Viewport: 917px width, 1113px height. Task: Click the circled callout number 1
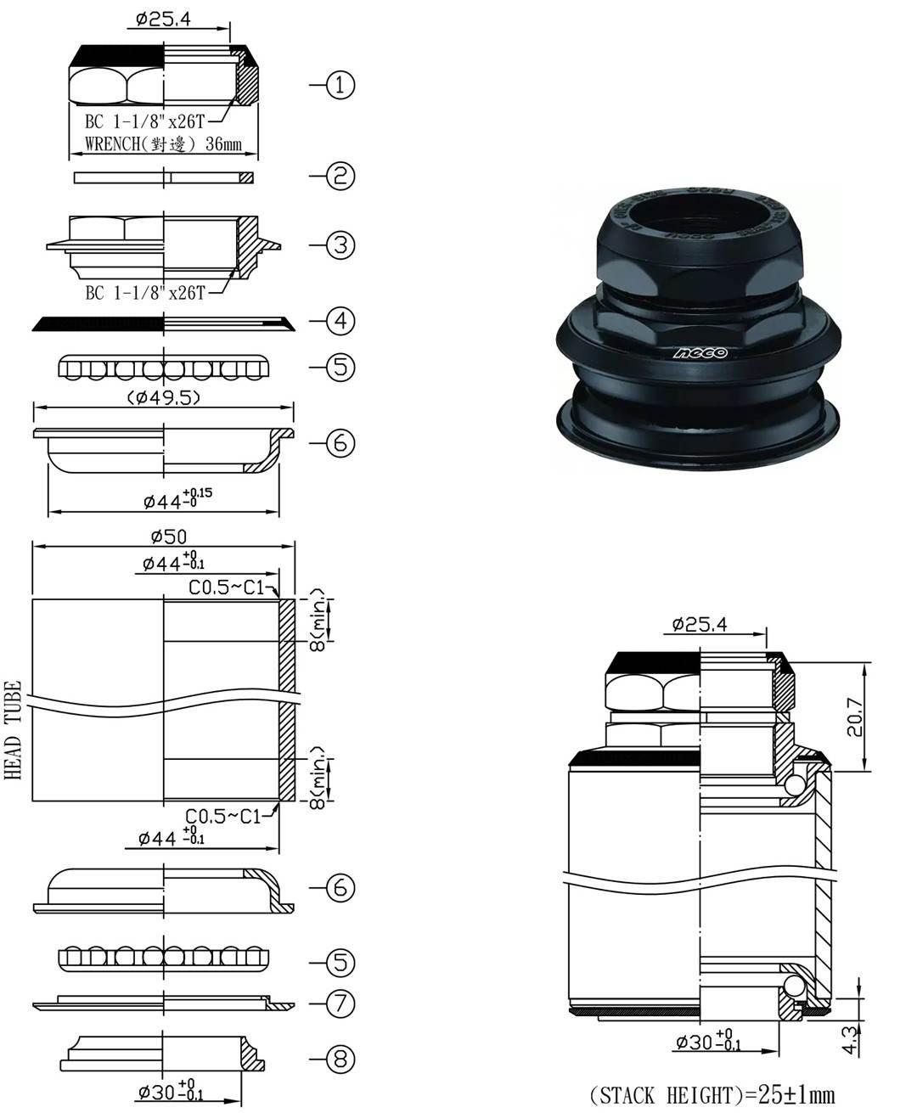[x=340, y=85]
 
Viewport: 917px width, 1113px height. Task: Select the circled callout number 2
[x=340, y=177]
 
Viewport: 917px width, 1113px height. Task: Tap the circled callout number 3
[x=340, y=245]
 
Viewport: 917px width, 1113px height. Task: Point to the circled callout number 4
[x=340, y=321]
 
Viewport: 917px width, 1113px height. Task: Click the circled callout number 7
[x=340, y=1003]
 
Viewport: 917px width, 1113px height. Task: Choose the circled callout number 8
[x=340, y=1059]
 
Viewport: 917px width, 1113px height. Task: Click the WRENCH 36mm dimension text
[x=163, y=144]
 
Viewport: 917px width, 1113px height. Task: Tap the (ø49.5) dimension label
[x=163, y=397]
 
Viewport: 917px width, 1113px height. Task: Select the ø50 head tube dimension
[x=167, y=536]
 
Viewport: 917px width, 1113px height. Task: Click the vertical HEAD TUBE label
[x=13, y=730]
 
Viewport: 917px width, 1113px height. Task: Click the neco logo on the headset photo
[x=700, y=351]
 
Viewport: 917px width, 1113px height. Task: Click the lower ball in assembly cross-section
[x=795, y=987]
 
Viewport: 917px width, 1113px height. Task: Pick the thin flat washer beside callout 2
[x=163, y=177]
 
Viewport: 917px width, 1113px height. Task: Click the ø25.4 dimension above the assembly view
[x=699, y=625]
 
